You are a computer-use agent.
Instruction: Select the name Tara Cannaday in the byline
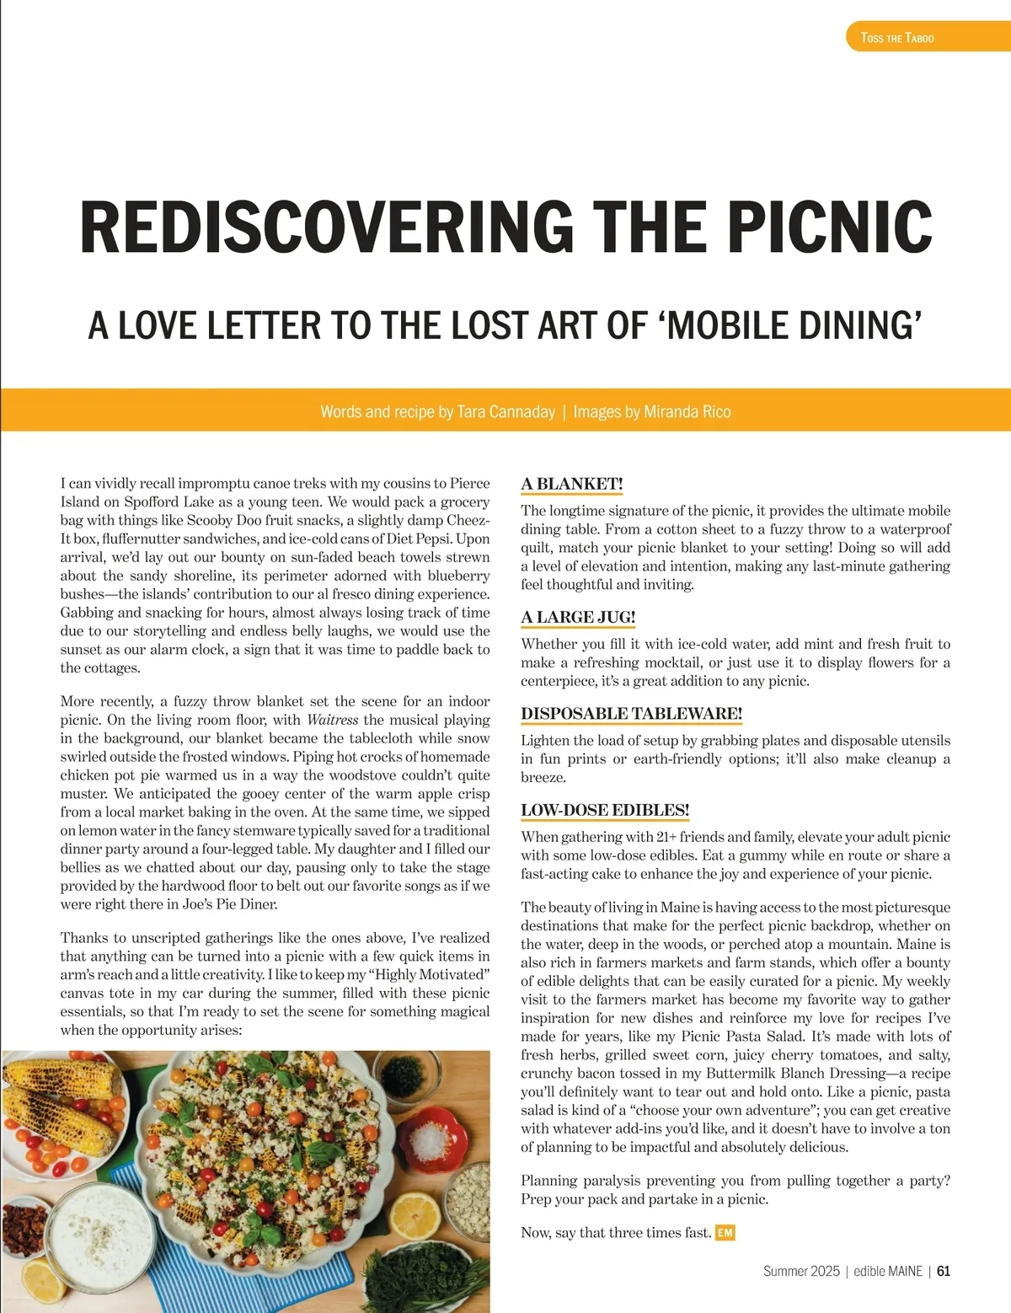(505, 412)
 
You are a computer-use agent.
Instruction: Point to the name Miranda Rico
(687, 412)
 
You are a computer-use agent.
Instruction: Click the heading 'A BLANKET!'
(572, 484)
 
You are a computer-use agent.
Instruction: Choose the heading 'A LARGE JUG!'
(578, 617)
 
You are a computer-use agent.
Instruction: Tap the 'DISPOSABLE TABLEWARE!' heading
(631, 714)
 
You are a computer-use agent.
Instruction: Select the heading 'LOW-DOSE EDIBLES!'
(605, 810)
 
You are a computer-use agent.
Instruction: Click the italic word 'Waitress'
(332, 720)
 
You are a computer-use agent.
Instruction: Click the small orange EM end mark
(725, 1233)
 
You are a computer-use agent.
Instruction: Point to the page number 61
(944, 1271)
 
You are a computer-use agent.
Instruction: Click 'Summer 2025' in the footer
(801, 1271)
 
